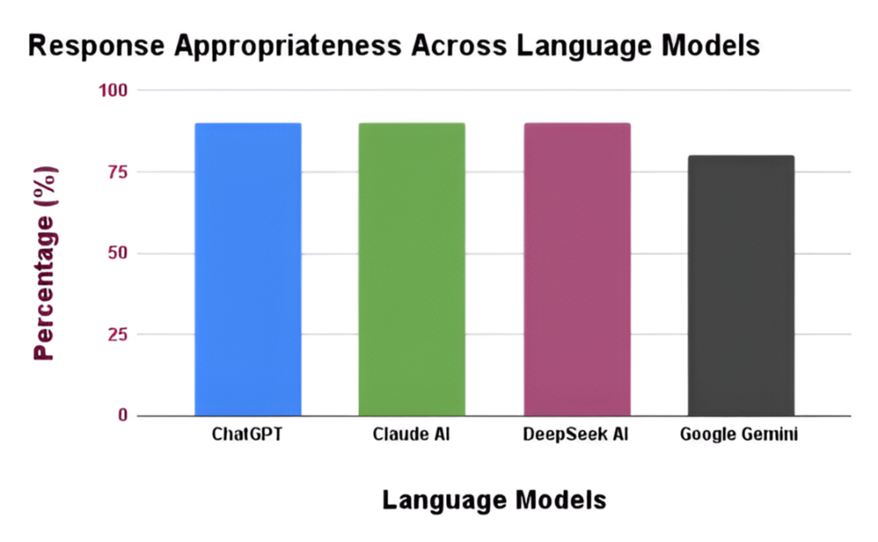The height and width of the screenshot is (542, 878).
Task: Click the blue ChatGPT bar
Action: click(248, 270)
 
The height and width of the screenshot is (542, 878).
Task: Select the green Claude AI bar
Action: click(411, 270)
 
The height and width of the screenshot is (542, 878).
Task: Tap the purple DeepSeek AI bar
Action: click(577, 270)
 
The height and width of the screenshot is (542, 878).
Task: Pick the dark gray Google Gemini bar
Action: click(741, 286)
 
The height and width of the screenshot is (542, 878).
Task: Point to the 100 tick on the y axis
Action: click(113, 90)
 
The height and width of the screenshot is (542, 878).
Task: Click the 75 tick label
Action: click(118, 172)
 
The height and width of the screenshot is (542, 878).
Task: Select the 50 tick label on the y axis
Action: click(118, 253)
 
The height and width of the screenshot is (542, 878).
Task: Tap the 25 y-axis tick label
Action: click(118, 335)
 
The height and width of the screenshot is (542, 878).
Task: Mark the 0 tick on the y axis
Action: click(123, 415)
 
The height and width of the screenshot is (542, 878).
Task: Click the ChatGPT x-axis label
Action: click(247, 434)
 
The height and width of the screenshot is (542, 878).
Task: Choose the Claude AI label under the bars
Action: click(411, 434)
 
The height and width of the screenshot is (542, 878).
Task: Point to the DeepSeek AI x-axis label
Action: click(575, 434)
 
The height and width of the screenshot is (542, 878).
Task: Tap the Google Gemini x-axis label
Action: click(738, 434)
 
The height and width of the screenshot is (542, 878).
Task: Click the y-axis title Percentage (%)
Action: click(45, 263)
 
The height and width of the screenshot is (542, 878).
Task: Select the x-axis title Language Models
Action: click(494, 499)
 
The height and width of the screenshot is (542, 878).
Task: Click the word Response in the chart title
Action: click(96, 46)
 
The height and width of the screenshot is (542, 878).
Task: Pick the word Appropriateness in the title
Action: click(288, 46)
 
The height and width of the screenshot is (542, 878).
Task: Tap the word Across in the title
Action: click(459, 45)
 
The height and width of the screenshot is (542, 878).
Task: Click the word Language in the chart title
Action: click(584, 46)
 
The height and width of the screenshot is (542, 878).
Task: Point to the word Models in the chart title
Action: click(711, 45)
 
